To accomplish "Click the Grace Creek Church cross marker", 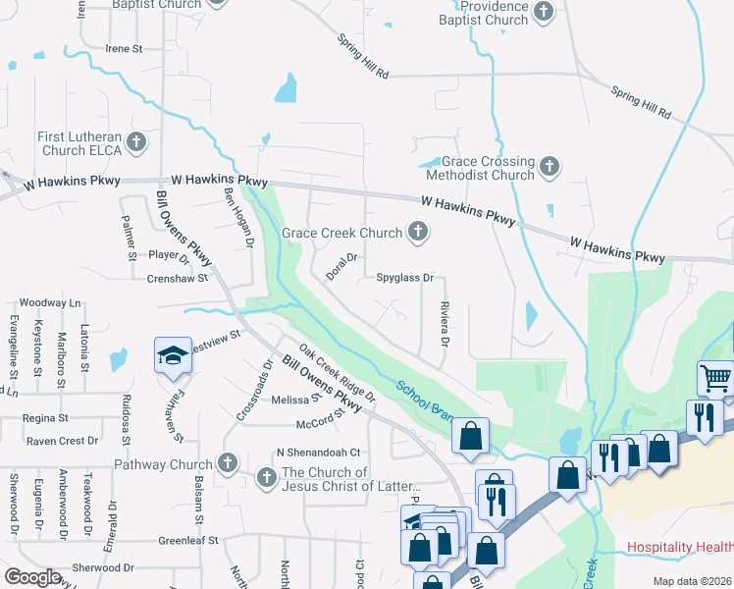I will tap(418, 233).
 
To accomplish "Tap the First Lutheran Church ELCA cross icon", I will tap(136, 142).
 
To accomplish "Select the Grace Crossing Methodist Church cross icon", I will tap(550, 167).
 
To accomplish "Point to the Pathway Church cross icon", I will tap(228, 463).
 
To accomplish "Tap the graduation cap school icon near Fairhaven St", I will tap(172, 355).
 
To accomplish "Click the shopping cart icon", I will tap(715, 376).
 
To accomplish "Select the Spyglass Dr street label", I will tap(405, 278).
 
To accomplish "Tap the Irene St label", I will tap(125, 48).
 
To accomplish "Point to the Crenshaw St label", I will tap(178, 278).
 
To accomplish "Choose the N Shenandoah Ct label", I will tap(319, 453).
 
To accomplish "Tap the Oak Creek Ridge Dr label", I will tap(338, 374).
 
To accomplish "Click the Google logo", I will tap(32, 577).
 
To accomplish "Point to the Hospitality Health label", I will tap(680, 547).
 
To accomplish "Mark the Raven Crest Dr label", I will tap(63, 441).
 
